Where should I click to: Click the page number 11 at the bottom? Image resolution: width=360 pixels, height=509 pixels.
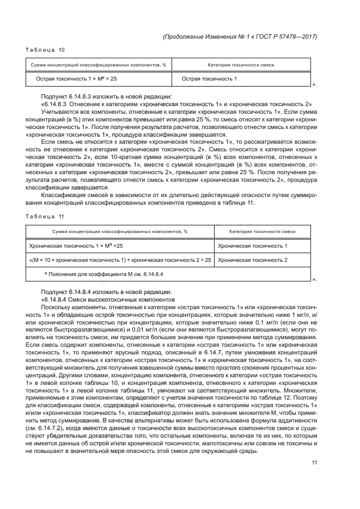coord(314,463)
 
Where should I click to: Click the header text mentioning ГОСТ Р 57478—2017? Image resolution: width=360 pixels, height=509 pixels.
coord(240,36)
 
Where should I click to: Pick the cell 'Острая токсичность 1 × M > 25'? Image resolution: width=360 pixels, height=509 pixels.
coord(76,79)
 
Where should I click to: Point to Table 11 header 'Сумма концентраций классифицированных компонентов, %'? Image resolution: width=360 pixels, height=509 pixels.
coord(119,231)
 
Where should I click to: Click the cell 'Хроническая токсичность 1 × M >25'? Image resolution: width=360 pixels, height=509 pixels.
coord(76,246)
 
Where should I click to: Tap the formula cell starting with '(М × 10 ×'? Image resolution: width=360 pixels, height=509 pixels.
coord(120,260)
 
